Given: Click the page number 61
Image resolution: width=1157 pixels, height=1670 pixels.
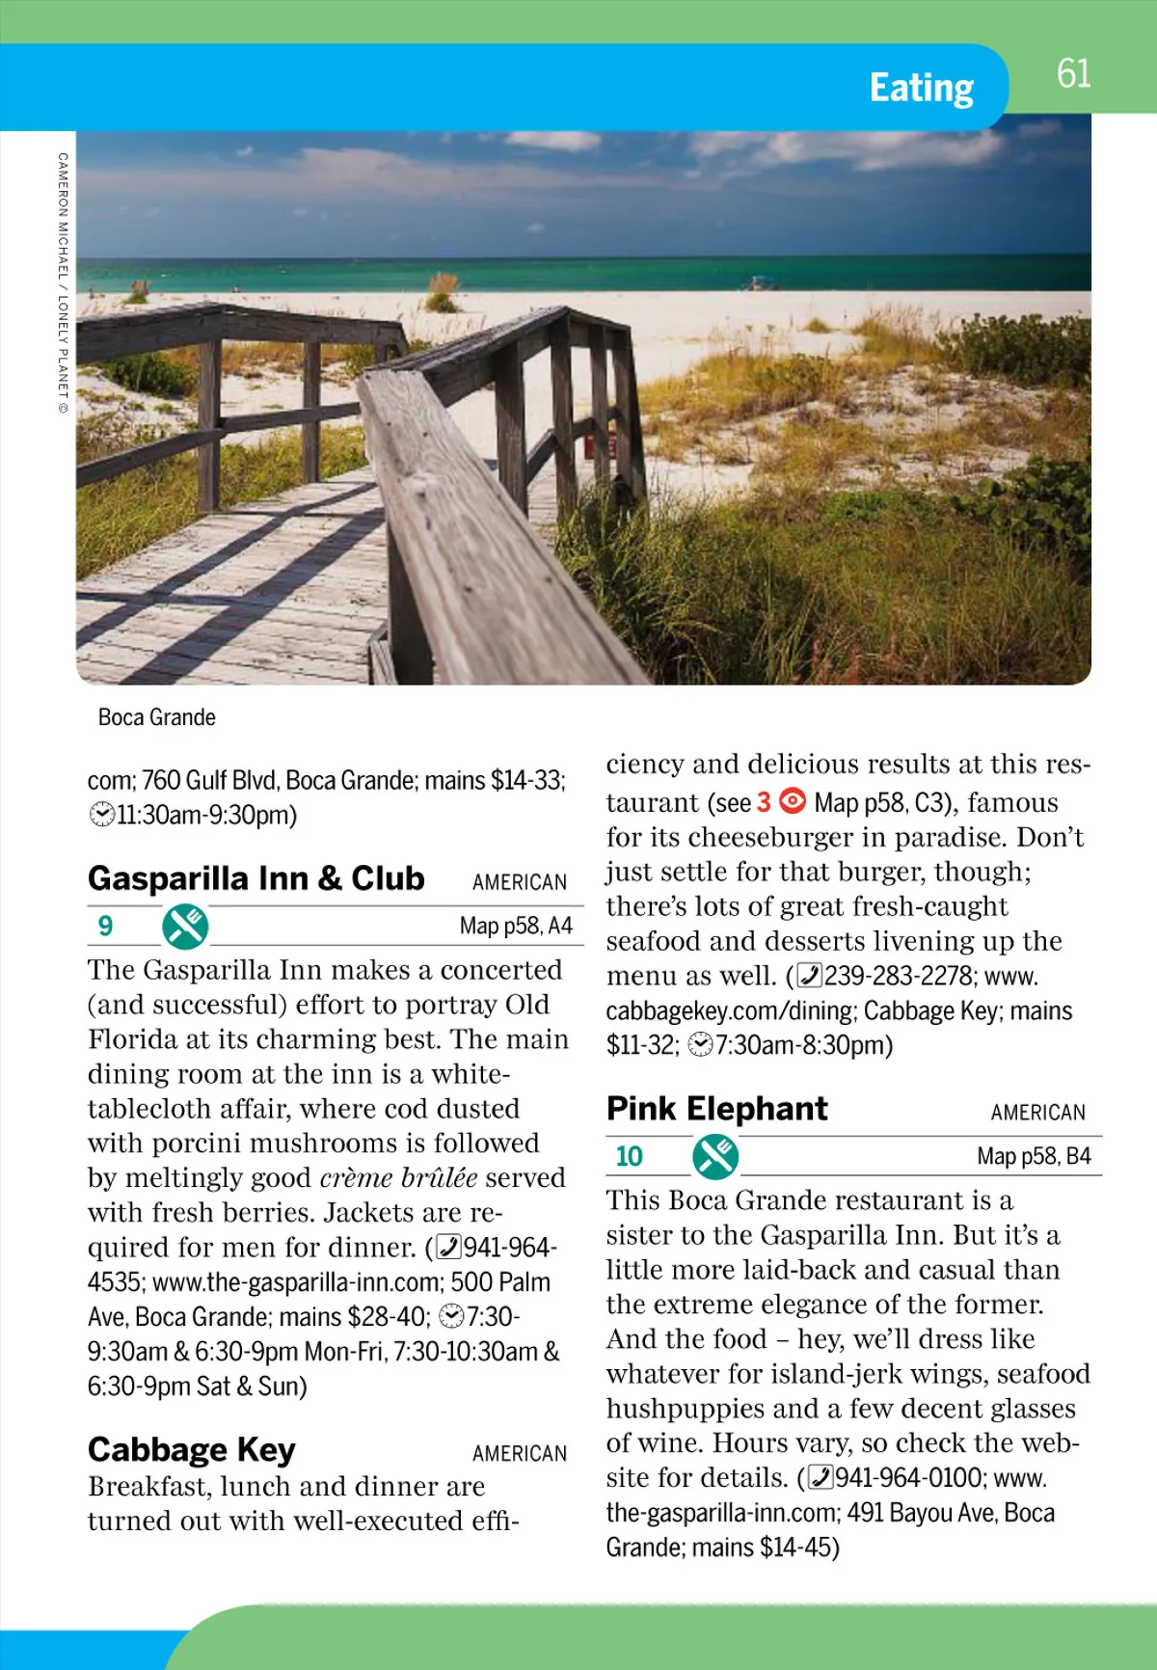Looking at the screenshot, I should tap(1073, 74).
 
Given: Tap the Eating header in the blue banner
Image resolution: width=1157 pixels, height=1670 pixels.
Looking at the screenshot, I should tap(921, 88).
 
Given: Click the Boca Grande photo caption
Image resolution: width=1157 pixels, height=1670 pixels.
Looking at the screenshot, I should tap(156, 717).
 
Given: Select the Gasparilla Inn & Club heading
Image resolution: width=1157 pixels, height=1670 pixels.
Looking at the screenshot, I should tap(256, 878).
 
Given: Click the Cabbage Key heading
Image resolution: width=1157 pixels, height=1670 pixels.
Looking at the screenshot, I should tap(191, 1449).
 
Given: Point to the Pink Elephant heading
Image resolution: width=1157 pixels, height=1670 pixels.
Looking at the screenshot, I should tap(716, 1109).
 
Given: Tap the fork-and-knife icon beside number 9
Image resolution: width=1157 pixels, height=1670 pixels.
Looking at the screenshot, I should tap(185, 926).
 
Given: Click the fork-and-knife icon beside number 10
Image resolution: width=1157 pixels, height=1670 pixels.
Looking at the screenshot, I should tap(715, 1156).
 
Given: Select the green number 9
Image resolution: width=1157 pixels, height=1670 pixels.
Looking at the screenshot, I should tap(105, 927).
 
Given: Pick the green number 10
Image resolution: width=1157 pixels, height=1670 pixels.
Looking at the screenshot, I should tap(629, 1156).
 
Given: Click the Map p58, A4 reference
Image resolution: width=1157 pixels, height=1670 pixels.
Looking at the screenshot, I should tap(516, 927).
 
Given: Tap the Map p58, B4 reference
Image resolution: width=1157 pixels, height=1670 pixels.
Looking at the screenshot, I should tap(1034, 1156).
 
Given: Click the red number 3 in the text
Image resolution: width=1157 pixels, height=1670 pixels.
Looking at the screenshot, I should tap(764, 802).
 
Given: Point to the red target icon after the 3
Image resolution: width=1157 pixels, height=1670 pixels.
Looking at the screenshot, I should tap(793, 801).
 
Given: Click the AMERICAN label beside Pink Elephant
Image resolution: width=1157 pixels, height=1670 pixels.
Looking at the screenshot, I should tap(1037, 1113).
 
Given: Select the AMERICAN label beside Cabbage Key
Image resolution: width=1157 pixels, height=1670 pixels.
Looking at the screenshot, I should tap(519, 1453).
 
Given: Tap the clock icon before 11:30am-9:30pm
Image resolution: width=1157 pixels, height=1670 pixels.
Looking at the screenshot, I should tap(101, 815).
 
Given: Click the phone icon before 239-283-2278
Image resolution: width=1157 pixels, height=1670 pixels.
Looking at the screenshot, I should tap(810, 976).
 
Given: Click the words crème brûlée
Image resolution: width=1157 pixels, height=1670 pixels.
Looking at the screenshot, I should tap(398, 1177).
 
